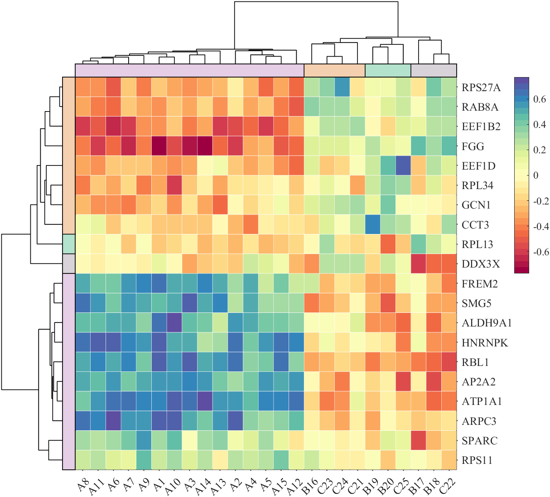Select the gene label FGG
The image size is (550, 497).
pos(473,146)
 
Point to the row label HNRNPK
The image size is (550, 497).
pos(485,343)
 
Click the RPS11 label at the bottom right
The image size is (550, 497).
pos(477,461)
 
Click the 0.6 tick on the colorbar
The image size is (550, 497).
pos(540,99)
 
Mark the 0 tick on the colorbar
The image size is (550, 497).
pos(536,175)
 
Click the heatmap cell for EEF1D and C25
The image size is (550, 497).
pos(403,166)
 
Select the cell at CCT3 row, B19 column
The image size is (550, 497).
pos(372,225)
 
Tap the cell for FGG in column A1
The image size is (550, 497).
pos(159,146)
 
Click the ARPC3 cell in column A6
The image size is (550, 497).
pos(113,421)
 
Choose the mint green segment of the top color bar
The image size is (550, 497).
pos(388,71)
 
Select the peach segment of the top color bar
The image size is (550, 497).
pos(334,71)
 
